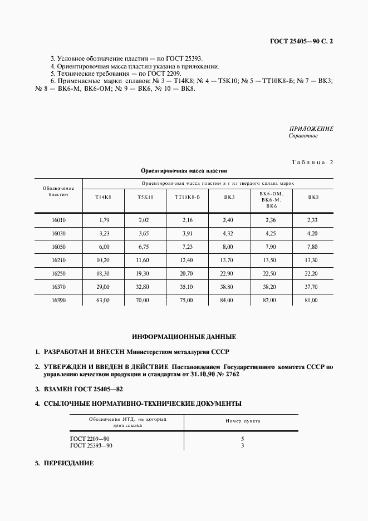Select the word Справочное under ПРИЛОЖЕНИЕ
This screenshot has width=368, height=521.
(x=303, y=136)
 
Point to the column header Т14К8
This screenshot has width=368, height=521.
(x=103, y=197)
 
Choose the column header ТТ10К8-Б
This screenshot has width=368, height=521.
(x=187, y=197)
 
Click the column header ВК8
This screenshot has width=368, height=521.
(x=313, y=197)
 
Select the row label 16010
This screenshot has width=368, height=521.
(x=58, y=220)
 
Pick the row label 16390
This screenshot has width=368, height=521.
(x=58, y=301)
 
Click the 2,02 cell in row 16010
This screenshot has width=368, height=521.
(x=144, y=220)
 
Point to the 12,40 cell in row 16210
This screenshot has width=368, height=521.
(x=187, y=260)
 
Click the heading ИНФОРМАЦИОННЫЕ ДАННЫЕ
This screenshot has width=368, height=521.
(x=184, y=337)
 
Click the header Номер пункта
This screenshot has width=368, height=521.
(x=243, y=421)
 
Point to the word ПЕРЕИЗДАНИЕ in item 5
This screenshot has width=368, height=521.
(x=68, y=464)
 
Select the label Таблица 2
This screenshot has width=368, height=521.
(x=312, y=162)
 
